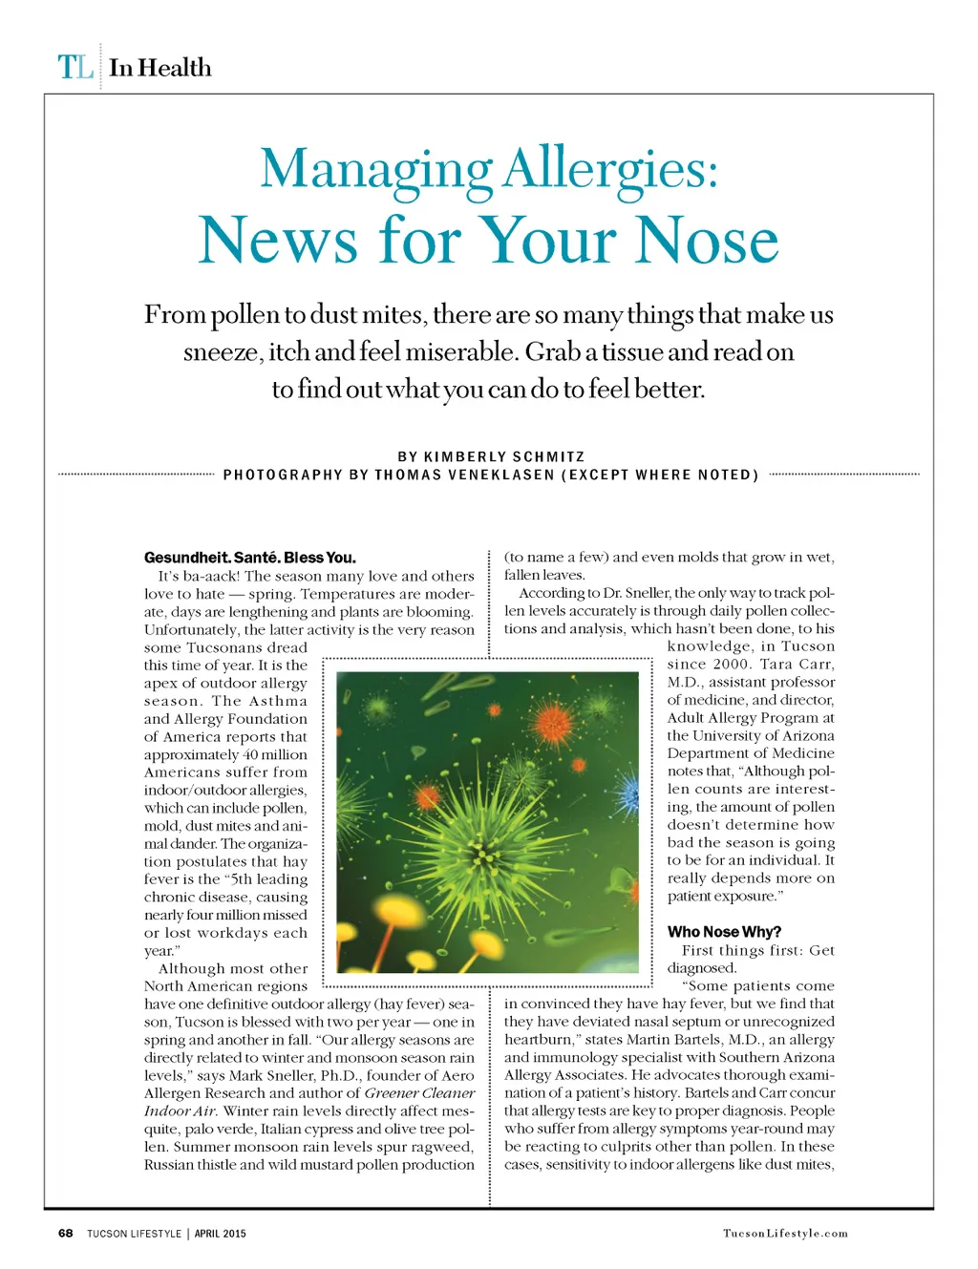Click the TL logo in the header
point(75,68)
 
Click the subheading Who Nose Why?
point(724,931)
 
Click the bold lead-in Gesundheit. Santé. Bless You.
point(250,557)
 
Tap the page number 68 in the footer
point(65,1233)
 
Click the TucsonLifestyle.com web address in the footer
point(785,1233)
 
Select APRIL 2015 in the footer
point(220,1233)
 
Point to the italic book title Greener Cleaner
point(419,1092)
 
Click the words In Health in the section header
point(160,68)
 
